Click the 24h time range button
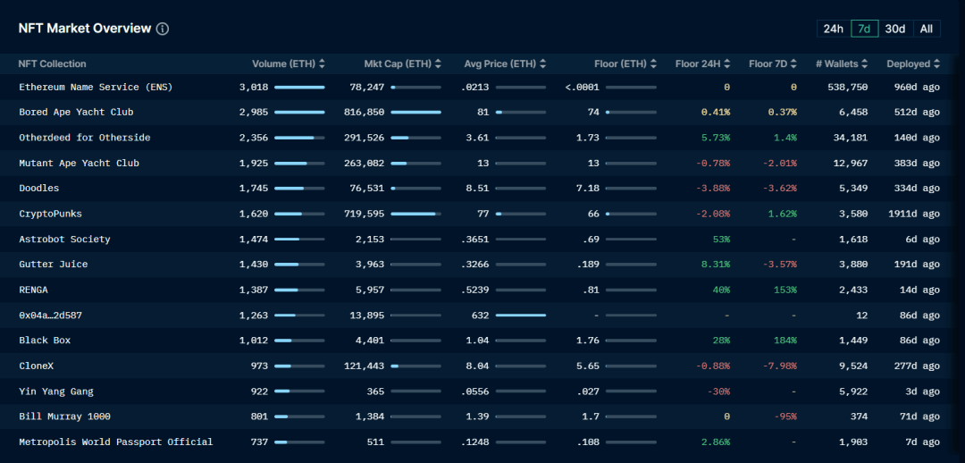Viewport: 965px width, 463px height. coord(833,29)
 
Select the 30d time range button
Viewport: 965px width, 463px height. coord(894,29)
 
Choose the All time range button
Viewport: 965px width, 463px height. coord(927,29)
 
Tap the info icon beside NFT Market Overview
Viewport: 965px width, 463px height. coord(163,29)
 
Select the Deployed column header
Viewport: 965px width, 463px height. coord(909,64)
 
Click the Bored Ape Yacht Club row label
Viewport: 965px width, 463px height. coord(76,113)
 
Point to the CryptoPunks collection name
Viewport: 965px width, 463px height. coord(52,214)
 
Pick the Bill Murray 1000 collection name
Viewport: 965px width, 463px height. coord(64,417)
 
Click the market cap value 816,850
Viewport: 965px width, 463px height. coord(364,113)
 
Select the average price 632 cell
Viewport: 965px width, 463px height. coord(480,316)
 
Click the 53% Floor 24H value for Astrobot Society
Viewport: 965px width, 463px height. coord(720,240)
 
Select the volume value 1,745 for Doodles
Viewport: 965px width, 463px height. coord(254,189)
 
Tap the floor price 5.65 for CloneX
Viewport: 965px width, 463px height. coord(587,366)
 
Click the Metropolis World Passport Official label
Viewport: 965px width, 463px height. coord(115,442)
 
